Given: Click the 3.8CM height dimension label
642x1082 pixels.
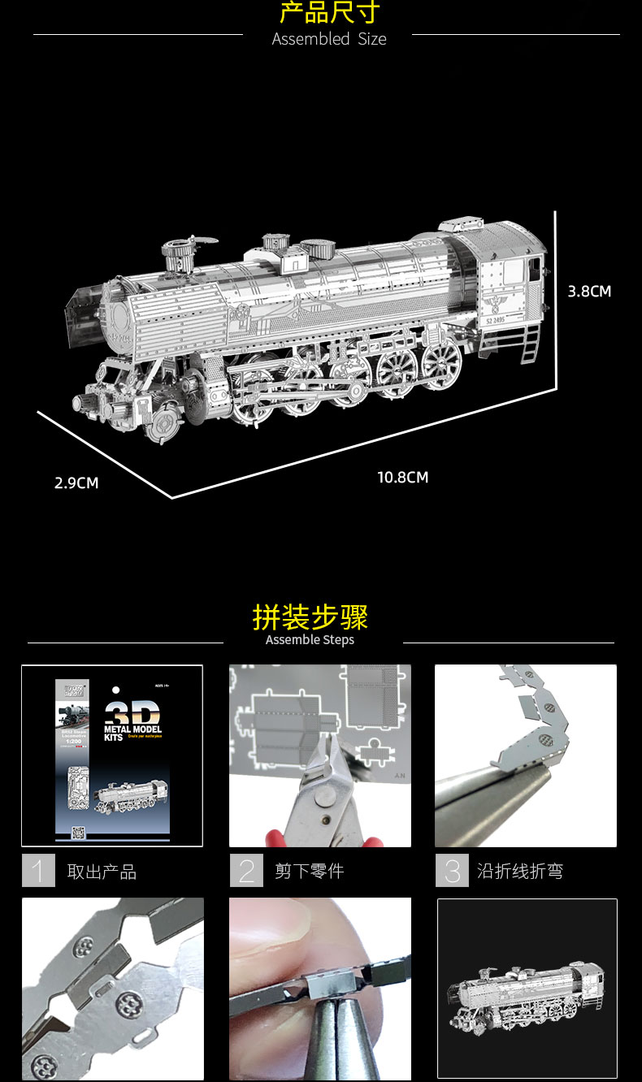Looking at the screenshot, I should [x=589, y=292].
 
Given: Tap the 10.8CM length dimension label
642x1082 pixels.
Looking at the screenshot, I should [x=402, y=478].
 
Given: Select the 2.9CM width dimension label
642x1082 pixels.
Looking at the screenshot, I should [x=76, y=483].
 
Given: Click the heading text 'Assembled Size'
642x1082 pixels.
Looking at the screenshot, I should [x=329, y=39].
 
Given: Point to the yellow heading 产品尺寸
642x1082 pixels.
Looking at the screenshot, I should [x=329, y=12].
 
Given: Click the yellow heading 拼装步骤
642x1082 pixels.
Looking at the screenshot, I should [x=310, y=617].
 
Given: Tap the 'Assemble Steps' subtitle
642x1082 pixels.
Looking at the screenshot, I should [x=310, y=640].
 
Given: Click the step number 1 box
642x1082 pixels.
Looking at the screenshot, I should [x=38, y=871].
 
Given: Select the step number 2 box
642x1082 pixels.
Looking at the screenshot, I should [x=246, y=871].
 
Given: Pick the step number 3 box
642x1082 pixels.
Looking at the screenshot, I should [x=452, y=871].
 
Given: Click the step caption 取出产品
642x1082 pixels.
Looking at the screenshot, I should [x=102, y=872].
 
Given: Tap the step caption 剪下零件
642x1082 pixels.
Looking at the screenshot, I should [x=309, y=872].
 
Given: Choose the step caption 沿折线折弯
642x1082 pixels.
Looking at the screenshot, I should [x=520, y=872].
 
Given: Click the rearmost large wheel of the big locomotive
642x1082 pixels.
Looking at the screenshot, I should [x=441, y=363].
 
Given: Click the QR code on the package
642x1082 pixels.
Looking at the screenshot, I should [x=78, y=833].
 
